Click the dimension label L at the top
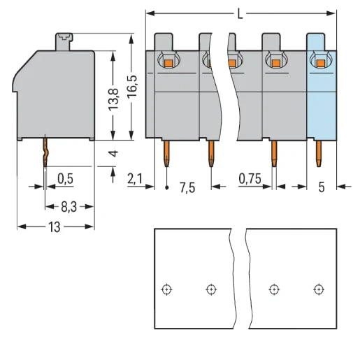point(240,13)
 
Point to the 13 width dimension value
point(54,227)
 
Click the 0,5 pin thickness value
point(65,180)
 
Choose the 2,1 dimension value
point(135,180)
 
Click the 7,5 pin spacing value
point(187,187)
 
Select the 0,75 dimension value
point(250,180)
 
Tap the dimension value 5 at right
point(322,187)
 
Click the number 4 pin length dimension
point(113,152)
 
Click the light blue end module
point(322,98)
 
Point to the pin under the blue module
point(319,154)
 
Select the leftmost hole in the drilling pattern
point(166,289)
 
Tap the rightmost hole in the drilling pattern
point(319,289)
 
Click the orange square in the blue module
point(321,64)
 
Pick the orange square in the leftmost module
point(168,64)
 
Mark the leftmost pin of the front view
point(167,154)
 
